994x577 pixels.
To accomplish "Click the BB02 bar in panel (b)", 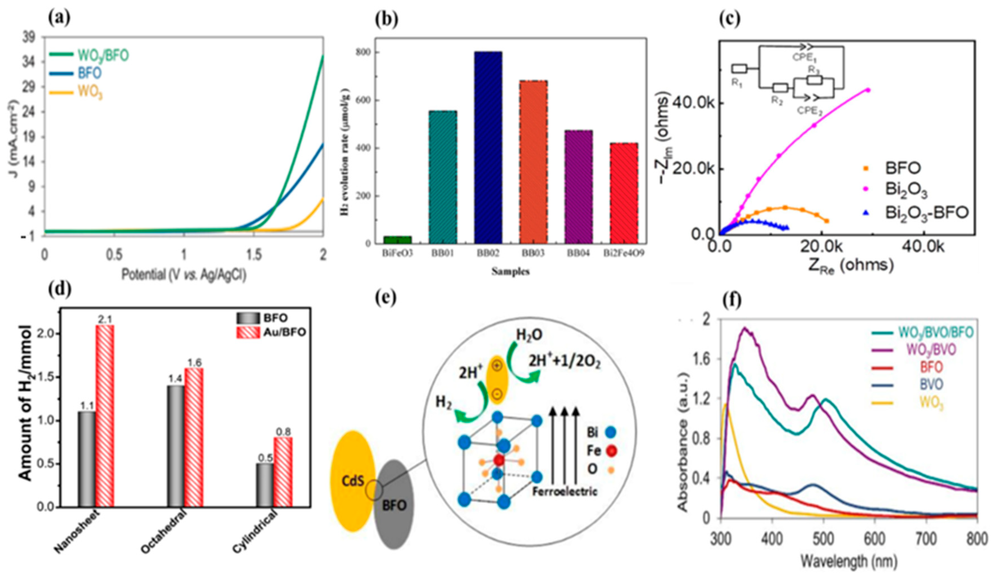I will pyautogui.click(x=488, y=148).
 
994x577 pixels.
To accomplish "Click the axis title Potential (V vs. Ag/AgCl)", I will pyautogui.click(x=183, y=275).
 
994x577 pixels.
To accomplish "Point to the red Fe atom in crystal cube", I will pyautogui.click(x=499, y=460).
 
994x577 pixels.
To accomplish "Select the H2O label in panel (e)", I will pyautogui.click(x=529, y=335).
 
